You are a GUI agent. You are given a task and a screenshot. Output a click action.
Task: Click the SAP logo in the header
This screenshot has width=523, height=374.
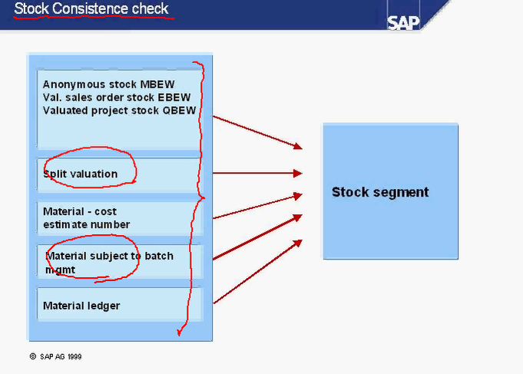403,22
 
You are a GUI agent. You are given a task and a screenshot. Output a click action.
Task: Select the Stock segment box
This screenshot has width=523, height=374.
390,191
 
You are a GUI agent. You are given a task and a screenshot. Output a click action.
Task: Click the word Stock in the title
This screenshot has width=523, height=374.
30,9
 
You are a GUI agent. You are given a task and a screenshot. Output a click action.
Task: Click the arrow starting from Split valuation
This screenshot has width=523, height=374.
258,174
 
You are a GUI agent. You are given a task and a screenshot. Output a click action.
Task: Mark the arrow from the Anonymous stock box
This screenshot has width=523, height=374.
258,132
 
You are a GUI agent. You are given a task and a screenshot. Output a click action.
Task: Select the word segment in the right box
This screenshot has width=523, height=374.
399,192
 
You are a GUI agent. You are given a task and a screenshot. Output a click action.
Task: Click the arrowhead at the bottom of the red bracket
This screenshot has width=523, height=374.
178,331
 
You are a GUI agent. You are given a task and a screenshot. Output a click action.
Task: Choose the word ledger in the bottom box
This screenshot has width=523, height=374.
104,306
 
